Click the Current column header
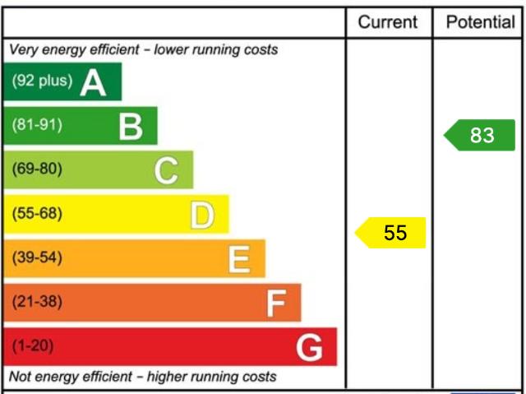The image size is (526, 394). tap(388, 22)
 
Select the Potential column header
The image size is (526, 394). tap(480, 22)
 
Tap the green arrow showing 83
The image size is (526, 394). tap(480, 135)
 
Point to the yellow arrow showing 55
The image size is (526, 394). tap(391, 233)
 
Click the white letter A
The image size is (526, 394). tap(93, 82)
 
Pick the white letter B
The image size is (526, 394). tap(130, 127)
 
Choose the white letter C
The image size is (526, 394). tap(166, 171)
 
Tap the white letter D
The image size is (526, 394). tap(201, 216)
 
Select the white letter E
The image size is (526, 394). tap(238, 260)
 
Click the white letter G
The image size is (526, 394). tap(310, 349)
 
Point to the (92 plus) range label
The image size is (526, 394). tap(42, 81)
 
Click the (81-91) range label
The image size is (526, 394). tap(36, 126)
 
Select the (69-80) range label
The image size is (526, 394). tap(36, 170)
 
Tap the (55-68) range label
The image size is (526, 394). tap(36, 214)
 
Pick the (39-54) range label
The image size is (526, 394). tap(36, 258)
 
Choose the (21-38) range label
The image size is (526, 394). tap(36, 302)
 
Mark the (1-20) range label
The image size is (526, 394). tap(32, 346)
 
